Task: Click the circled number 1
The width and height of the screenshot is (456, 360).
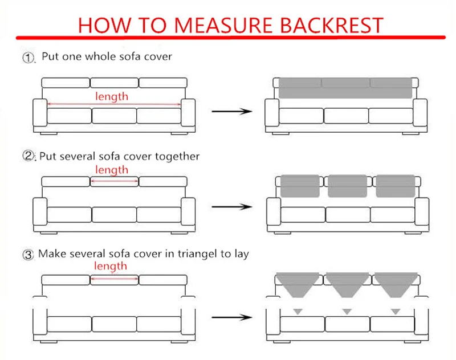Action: pyautogui.click(x=29, y=58)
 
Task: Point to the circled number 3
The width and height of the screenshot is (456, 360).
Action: pyautogui.click(x=29, y=254)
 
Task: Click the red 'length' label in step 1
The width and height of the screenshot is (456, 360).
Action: pyautogui.click(x=112, y=96)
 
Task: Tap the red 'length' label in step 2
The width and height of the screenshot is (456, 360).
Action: pyautogui.click(x=112, y=170)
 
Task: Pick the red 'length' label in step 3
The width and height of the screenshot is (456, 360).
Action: pyautogui.click(x=112, y=266)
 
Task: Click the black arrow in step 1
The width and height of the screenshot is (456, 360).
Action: pyautogui.click(x=231, y=111)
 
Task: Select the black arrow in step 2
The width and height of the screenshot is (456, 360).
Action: pyautogui.click(x=231, y=207)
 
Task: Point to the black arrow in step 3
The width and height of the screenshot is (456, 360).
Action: pyautogui.click(x=231, y=317)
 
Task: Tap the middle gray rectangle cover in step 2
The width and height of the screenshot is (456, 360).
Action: pyautogui.click(x=347, y=186)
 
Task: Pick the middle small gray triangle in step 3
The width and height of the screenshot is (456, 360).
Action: pyautogui.click(x=347, y=311)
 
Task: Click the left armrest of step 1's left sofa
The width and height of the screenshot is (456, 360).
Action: pyautogui.click(x=39, y=113)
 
